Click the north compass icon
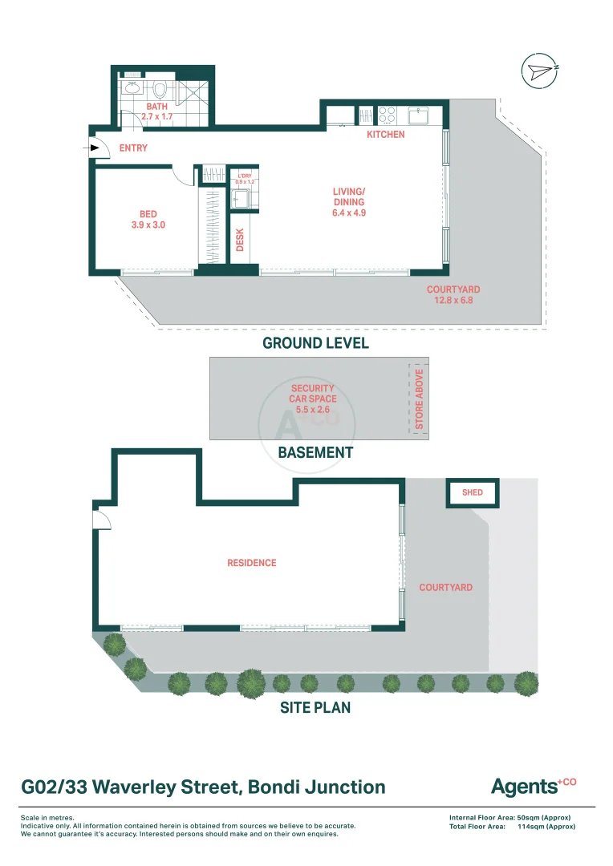point(539,70)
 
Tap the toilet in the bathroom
point(160,90)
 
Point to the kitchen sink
point(418,115)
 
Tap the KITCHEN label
point(386,135)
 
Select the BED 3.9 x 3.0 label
point(148,220)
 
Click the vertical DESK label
point(240,240)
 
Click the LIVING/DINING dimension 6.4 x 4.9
point(349,213)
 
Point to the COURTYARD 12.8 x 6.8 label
point(453,295)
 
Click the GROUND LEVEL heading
point(315,343)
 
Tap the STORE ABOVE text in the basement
point(419,399)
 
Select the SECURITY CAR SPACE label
point(312,399)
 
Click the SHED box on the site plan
point(473,492)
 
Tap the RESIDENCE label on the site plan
point(251,563)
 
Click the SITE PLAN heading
point(315,708)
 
